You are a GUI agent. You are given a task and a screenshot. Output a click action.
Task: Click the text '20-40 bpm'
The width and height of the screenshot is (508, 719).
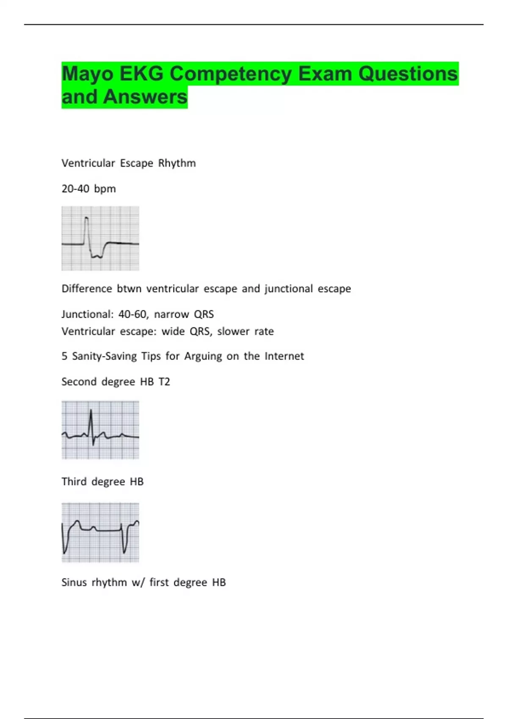point(88,189)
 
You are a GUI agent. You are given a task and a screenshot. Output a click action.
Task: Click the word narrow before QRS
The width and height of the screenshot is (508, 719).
point(171,315)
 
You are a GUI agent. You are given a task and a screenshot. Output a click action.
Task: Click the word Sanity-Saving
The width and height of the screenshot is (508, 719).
point(105,356)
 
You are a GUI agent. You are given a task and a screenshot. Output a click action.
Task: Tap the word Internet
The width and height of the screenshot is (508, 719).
point(284,356)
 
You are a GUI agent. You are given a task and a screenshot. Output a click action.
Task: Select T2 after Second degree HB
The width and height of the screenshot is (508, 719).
point(164,381)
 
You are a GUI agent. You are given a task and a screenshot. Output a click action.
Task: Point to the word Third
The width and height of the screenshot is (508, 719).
point(74,481)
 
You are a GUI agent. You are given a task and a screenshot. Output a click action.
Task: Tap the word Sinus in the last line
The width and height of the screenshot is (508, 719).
point(74,582)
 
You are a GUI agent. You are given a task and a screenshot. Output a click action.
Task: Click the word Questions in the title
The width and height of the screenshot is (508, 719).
point(408,74)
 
